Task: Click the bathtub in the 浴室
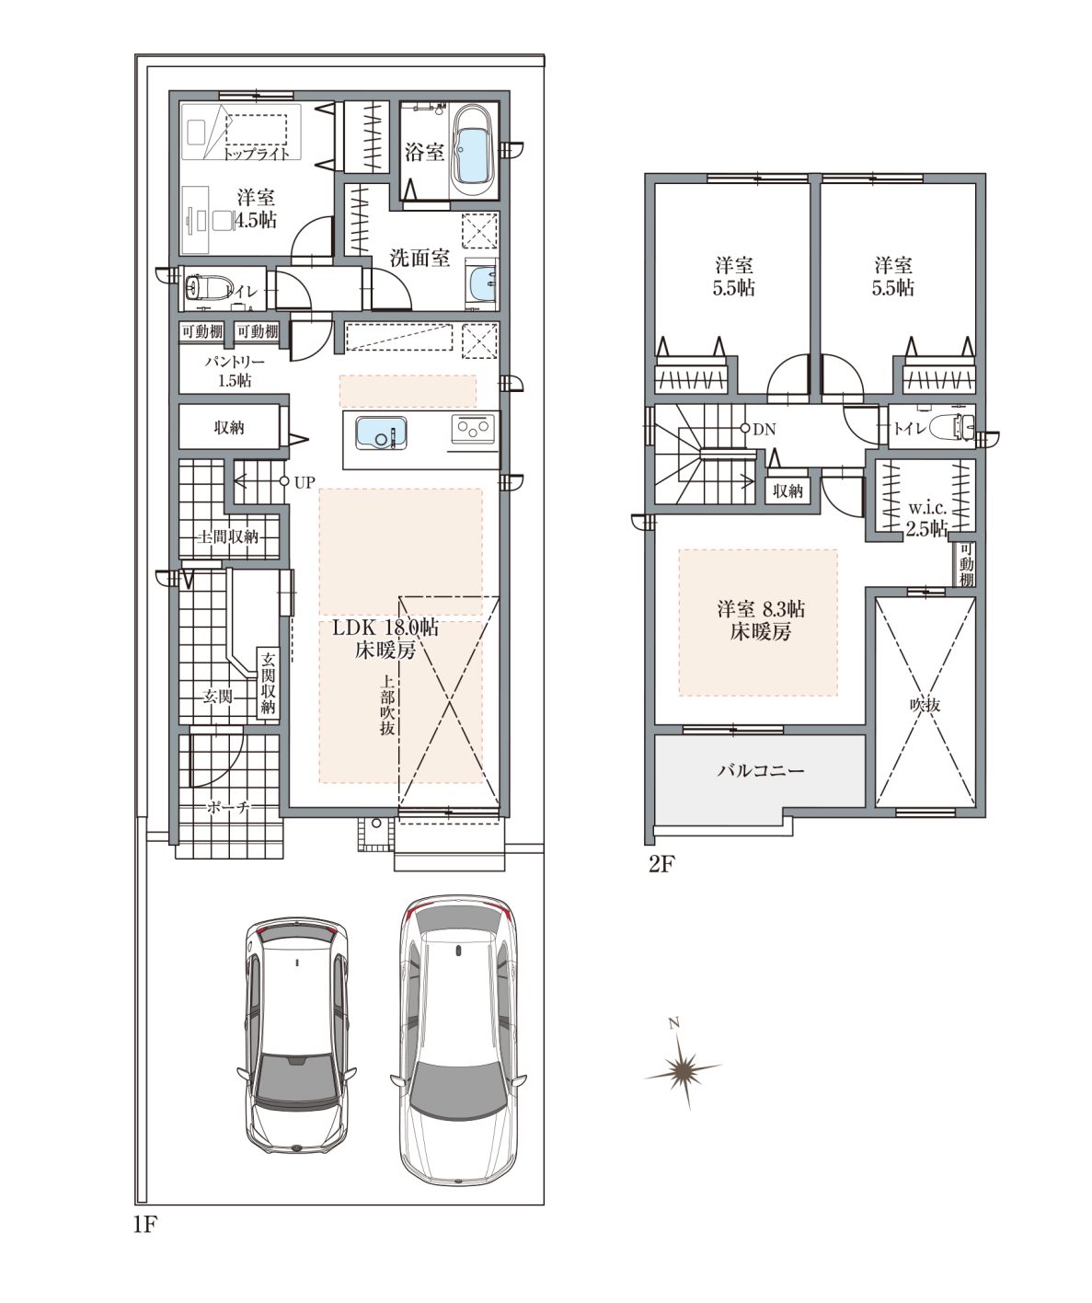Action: point(473,149)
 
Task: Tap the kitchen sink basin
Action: point(381,433)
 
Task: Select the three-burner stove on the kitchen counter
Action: point(474,429)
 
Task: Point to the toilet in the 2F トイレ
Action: point(950,428)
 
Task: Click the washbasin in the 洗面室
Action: point(481,283)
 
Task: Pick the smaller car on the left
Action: point(297,1036)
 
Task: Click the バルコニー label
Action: point(760,771)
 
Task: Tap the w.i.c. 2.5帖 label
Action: point(926,519)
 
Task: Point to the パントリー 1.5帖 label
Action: point(235,372)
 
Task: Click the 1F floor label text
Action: point(144,1225)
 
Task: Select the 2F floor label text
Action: point(661,864)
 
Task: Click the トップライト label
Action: point(257,153)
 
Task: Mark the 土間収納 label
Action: point(228,536)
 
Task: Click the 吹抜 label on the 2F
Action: point(925,705)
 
